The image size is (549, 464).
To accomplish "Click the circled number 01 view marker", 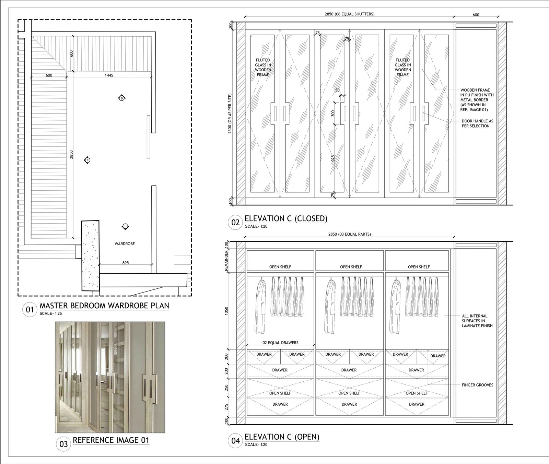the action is tap(30, 310).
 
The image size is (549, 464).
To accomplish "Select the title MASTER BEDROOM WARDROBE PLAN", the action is tap(104, 306).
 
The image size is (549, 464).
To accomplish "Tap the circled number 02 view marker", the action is tap(235, 222).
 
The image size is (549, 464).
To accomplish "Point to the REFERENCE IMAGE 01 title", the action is tap(111, 440).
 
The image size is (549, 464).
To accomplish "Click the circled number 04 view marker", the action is tap(235, 440).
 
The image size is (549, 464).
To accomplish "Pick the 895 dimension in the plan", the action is tap(126, 263).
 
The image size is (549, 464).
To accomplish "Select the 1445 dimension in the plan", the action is tap(109, 75).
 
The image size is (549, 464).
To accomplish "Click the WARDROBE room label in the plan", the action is tap(125, 244).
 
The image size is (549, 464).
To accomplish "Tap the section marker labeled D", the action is tap(122, 98).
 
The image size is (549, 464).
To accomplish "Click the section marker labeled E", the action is tap(125, 226).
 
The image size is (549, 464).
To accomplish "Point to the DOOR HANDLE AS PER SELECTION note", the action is tap(478, 123).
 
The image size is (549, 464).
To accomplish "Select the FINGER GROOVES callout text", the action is tap(477, 385).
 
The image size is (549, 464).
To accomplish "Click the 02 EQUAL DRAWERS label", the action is tap(281, 343).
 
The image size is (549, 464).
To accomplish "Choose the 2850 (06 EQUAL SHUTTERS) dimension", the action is tap(349, 14).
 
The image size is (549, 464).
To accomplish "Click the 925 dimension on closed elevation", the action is tap(332, 158).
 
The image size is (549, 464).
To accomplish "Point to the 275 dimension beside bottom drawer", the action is tap(226, 407).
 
